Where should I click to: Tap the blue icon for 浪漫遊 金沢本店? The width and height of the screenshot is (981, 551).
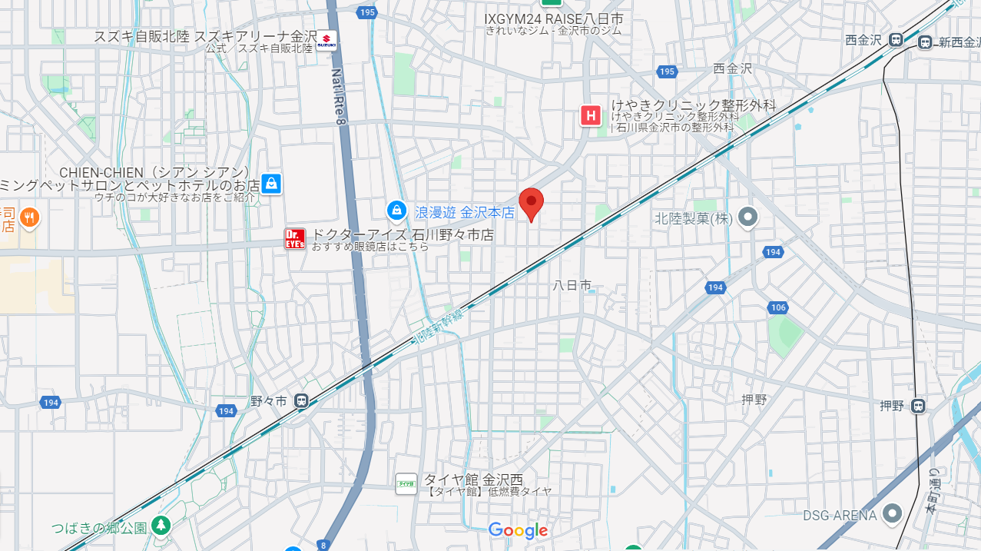[x=396, y=209]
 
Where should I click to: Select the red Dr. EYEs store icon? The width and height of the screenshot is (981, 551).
[x=295, y=238]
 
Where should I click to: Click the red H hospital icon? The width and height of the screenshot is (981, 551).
[x=590, y=116]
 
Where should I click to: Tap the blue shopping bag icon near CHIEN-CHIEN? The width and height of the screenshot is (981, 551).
[x=270, y=184]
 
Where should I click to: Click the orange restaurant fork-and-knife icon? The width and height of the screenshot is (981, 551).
[x=29, y=217]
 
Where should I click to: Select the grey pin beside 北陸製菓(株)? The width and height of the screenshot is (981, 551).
[x=747, y=217]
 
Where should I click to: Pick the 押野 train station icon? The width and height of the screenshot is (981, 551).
[x=918, y=406]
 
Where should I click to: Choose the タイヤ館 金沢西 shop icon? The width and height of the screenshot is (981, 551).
[x=406, y=483]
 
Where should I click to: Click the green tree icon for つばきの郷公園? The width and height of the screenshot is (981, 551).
[x=161, y=526]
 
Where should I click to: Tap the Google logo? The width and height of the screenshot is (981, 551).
[x=518, y=530]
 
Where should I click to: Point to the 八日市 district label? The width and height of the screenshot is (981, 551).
[x=573, y=285]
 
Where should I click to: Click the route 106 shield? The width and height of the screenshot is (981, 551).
[x=777, y=307]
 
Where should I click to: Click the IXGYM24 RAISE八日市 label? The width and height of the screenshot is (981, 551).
[x=553, y=18]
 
